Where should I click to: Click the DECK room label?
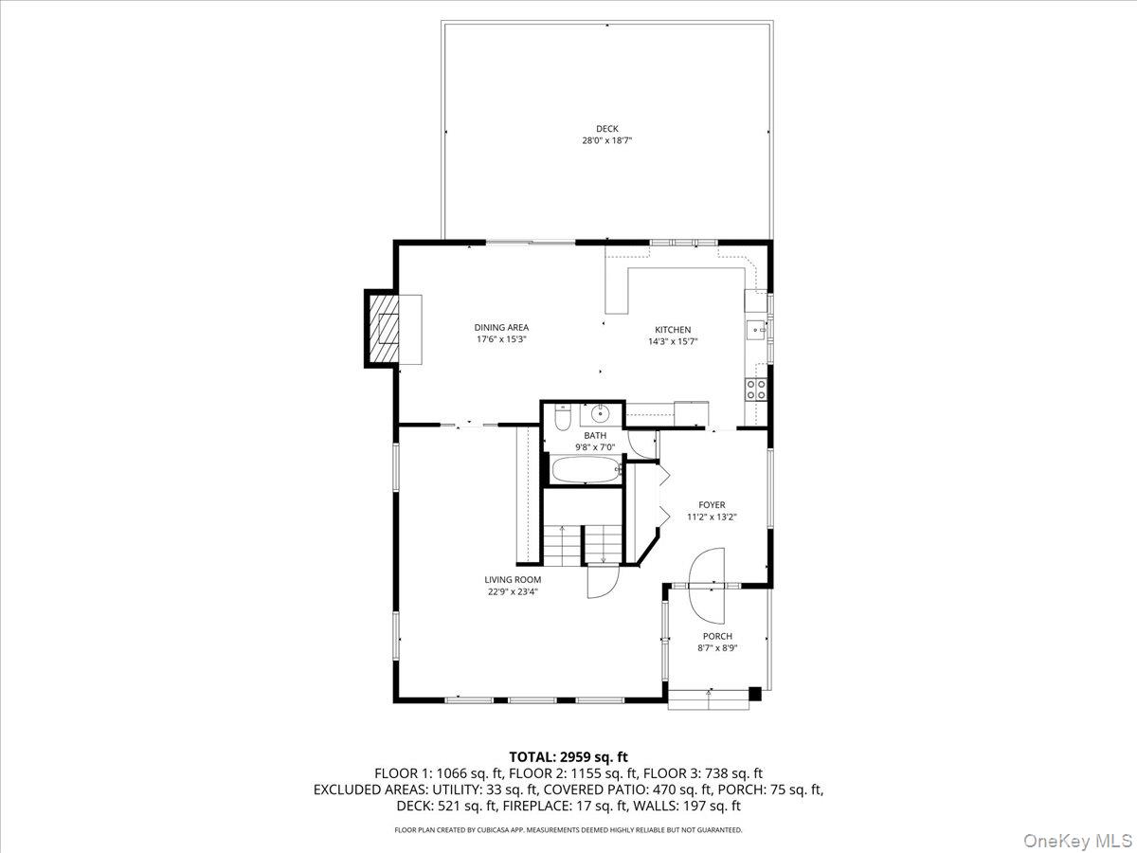click(606, 129)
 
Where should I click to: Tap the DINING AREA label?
click(501, 327)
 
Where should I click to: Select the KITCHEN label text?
click(673, 330)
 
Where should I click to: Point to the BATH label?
click(595, 436)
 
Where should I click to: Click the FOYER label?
click(712, 504)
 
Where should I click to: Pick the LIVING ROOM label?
click(513, 579)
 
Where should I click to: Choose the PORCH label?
click(717, 636)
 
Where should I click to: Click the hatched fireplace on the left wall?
click(382, 329)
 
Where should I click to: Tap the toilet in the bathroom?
click(563, 419)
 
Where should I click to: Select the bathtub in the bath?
click(587, 469)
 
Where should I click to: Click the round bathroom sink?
click(601, 413)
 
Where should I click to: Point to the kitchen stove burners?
click(756, 390)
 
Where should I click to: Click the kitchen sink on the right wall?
click(755, 330)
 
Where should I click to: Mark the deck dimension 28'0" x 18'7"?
click(606, 140)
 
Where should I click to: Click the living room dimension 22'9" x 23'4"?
click(513, 591)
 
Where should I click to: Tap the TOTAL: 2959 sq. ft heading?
click(568, 756)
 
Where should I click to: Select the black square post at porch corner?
click(755, 694)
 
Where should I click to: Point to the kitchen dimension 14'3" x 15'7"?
click(673, 341)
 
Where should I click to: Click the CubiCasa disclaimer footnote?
click(568, 829)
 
